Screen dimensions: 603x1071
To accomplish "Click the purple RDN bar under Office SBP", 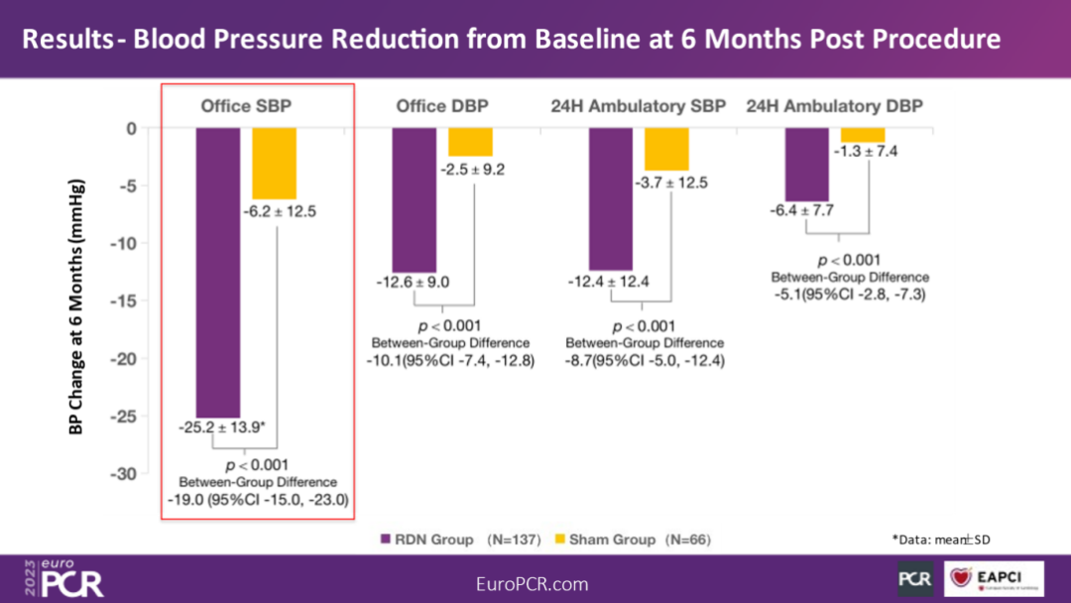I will click(217, 273).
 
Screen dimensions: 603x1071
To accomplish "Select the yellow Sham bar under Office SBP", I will click(274, 164).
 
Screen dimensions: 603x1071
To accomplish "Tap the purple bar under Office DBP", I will click(414, 199).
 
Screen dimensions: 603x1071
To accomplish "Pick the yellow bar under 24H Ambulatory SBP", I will click(666, 149).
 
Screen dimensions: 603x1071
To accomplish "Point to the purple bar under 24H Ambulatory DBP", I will click(806, 165).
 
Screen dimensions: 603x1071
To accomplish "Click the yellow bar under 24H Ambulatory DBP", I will click(863, 135).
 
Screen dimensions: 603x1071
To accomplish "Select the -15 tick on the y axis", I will click(129, 301).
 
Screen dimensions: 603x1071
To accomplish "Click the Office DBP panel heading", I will click(442, 106).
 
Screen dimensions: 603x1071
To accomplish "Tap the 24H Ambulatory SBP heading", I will click(638, 106).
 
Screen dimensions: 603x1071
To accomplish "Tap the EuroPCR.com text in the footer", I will click(533, 584).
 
